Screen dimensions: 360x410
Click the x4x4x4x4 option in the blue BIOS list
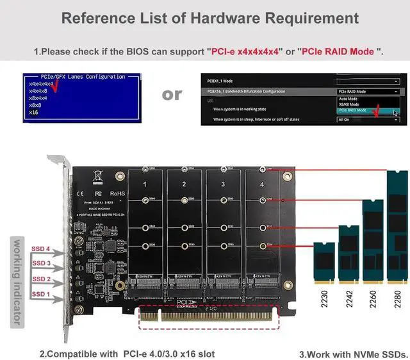point(41,84)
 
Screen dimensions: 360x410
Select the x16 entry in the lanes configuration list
point(34,112)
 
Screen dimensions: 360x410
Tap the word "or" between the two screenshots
point(172,94)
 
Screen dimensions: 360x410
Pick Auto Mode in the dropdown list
point(350,99)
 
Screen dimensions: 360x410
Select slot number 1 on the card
point(145,184)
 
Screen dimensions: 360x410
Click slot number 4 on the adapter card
point(261,184)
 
